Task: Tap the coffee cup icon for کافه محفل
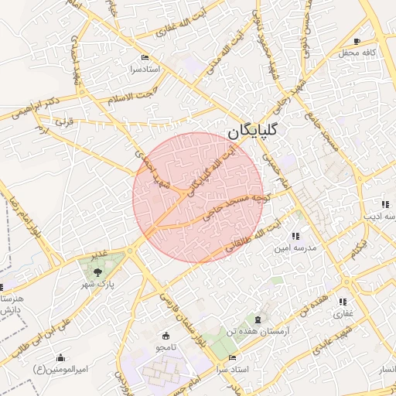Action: (x=357, y=41)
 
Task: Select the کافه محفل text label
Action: (x=357, y=53)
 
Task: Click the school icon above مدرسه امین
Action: (x=295, y=236)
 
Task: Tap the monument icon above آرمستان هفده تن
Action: (x=258, y=319)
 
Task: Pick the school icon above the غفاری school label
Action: (x=343, y=302)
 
